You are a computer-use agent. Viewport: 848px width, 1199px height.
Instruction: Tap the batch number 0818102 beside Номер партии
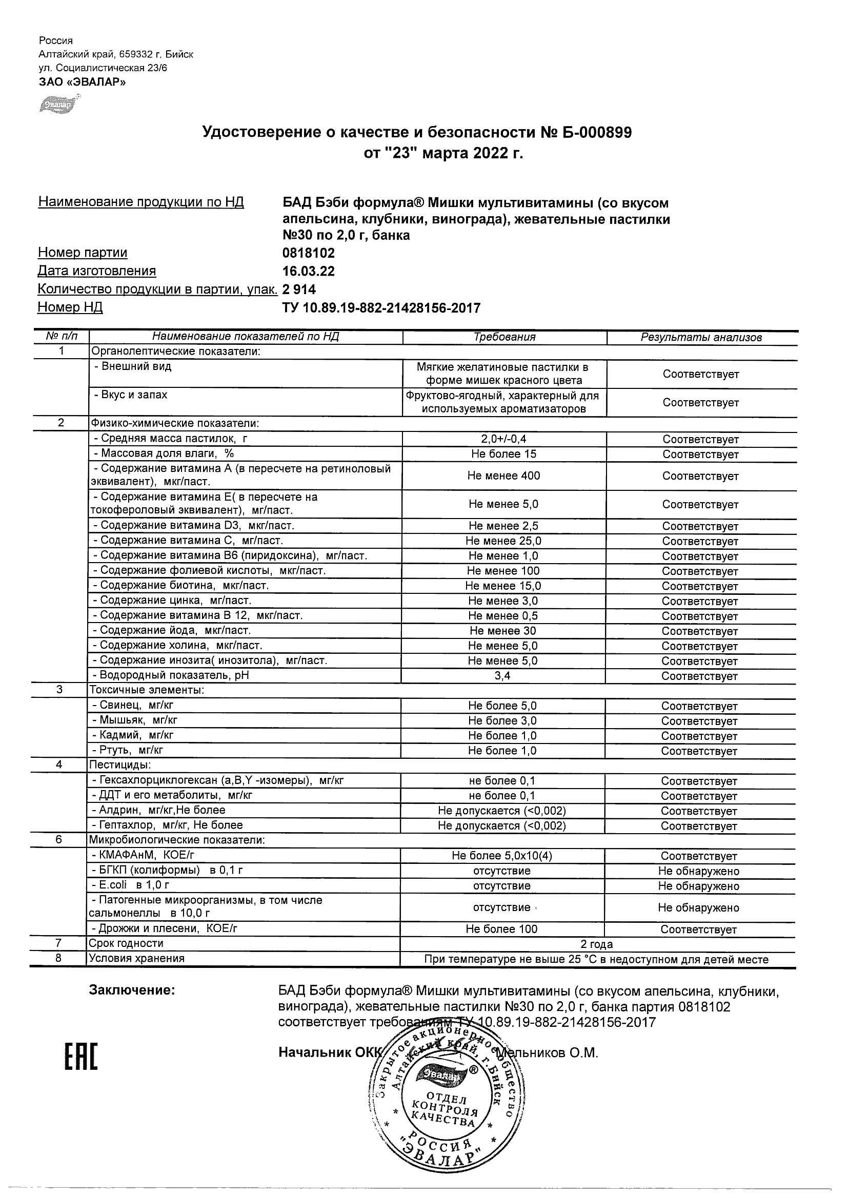[308, 253]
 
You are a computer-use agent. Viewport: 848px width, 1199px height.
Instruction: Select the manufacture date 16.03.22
[308, 272]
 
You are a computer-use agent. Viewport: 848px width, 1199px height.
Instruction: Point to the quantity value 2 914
[299, 290]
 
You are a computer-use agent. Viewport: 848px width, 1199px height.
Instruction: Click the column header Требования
[504, 337]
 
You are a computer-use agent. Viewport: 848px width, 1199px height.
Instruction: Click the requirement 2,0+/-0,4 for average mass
[503, 440]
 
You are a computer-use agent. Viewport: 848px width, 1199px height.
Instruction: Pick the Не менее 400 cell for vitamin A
[503, 476]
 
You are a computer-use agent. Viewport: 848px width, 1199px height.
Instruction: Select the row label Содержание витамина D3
[193, 526]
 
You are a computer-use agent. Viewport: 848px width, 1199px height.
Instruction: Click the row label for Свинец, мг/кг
[133, 706]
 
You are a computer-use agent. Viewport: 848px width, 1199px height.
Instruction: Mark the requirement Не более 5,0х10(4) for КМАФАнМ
[501, 856]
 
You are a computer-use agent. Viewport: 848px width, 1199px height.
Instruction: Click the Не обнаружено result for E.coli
[699, 886]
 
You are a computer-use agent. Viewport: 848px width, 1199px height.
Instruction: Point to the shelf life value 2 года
[596, 944]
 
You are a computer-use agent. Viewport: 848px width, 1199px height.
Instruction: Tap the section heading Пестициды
[120, 766]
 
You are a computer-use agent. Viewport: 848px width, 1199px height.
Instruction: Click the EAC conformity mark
[81, 1053]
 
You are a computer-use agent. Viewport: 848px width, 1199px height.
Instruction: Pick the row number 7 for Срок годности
[58, 943]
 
